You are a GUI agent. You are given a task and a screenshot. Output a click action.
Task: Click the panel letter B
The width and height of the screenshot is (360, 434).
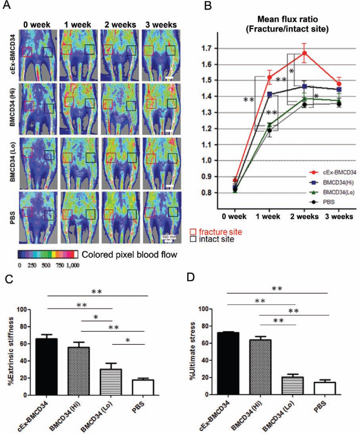(208, 5)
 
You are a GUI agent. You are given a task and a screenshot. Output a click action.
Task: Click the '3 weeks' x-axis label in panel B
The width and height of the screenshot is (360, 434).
(339, 216)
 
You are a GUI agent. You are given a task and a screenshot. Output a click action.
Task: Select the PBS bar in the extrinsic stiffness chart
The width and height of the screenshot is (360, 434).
(143, 387)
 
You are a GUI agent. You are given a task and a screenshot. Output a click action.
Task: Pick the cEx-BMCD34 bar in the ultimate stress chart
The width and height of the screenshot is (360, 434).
(228, 363)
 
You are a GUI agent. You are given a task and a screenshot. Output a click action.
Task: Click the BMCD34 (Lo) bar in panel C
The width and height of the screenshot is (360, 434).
(111, 382)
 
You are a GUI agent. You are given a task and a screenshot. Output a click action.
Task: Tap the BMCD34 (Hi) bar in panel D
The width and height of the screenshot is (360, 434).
(260, 367)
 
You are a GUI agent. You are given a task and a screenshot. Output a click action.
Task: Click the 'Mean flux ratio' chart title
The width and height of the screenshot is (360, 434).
(288, 20)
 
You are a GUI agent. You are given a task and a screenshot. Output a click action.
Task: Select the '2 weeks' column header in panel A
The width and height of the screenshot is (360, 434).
(120, 24)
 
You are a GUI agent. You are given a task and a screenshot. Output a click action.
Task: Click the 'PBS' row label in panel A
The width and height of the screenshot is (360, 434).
(12, 218)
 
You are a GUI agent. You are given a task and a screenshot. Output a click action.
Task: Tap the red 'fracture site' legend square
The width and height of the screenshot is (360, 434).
(193, 232)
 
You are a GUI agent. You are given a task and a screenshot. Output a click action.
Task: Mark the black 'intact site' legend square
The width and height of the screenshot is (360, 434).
(193, 238)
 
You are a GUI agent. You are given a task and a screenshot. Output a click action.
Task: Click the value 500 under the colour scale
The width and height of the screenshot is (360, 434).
(46, 265)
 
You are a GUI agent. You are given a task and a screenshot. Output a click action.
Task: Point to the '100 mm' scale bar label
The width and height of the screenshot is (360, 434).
(169, 237)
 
